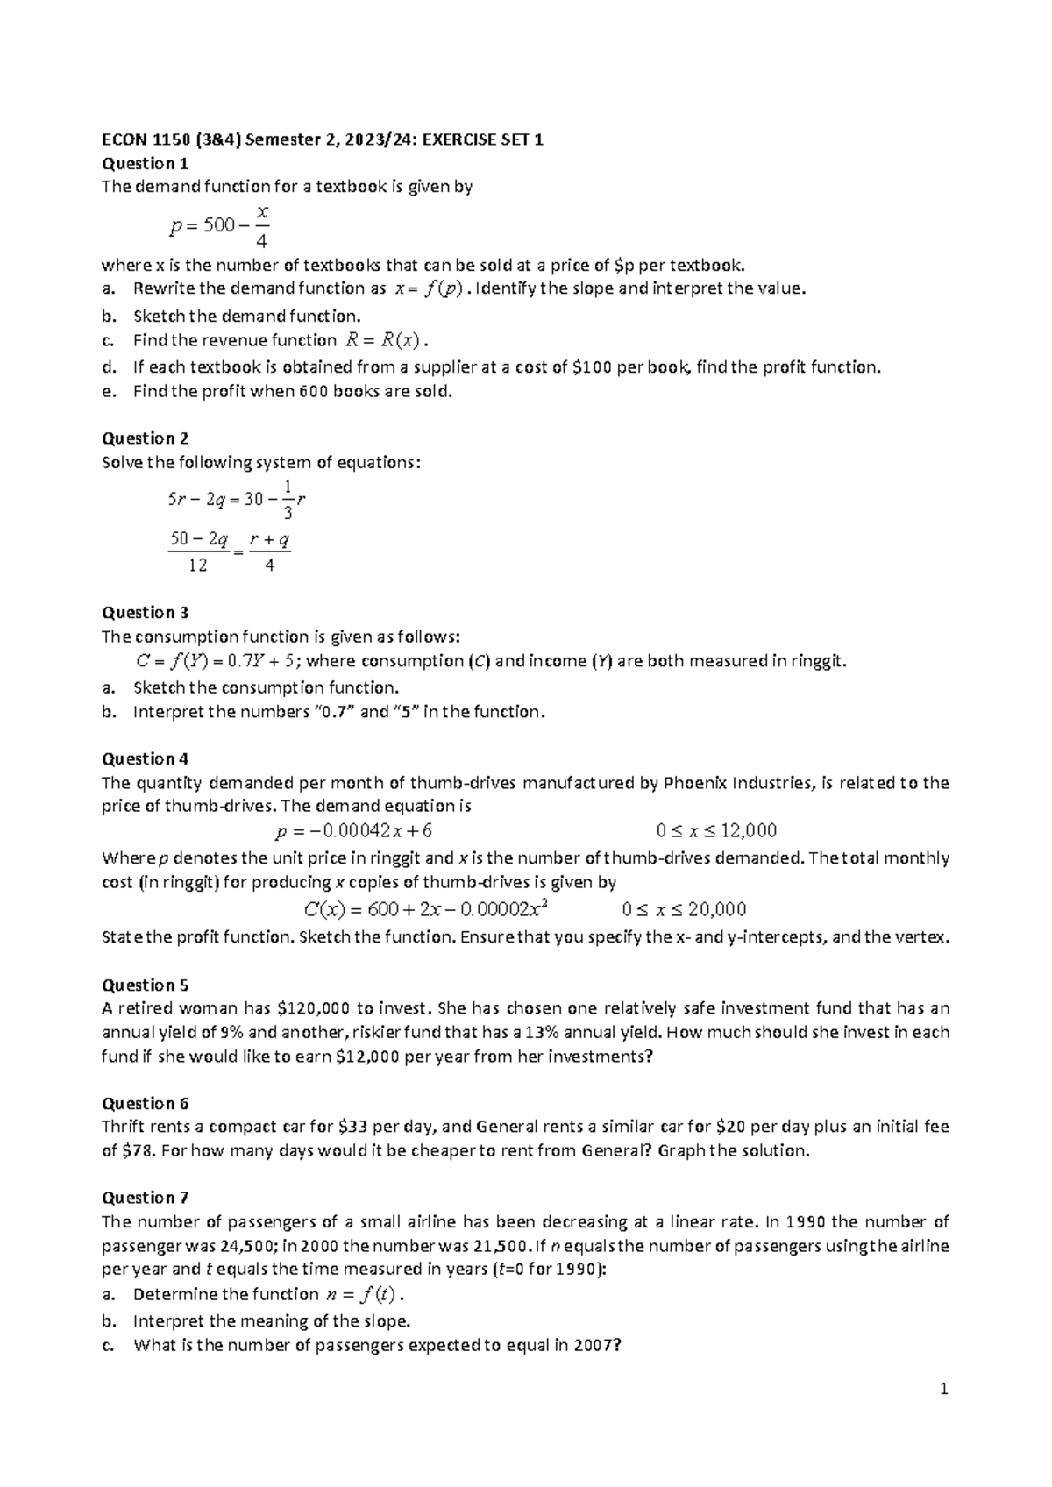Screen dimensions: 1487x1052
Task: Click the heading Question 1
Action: pos(146,163)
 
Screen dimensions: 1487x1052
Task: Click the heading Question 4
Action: pos(146,758)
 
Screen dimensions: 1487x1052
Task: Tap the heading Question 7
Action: pos(146,1198)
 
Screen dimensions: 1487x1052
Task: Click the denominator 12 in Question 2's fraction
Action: pos(198,566)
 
